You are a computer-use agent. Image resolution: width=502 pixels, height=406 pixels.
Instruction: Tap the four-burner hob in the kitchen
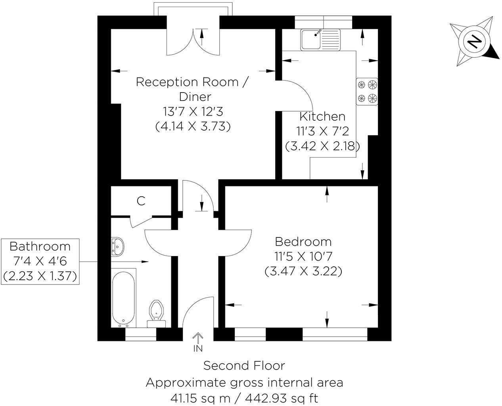[x=367, y=91]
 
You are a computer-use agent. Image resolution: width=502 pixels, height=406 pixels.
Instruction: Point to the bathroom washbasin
[x=117, y=247]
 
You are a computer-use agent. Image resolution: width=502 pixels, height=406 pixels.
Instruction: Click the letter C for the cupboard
[x=141, y=201]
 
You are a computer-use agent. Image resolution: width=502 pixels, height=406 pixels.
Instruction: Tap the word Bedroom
[x=303, y=241]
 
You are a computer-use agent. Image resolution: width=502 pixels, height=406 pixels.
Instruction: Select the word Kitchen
[x=322, y=117]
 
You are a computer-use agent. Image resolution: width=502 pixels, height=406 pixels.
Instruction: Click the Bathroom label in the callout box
[x=40, y=247]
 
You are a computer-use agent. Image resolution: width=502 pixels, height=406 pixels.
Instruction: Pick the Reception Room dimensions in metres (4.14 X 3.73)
[x=193, y=127]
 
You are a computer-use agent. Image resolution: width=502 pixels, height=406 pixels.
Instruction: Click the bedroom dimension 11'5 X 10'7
[x=303, y=256]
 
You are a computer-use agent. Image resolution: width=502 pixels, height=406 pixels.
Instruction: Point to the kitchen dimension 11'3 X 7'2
[x=322, y=131]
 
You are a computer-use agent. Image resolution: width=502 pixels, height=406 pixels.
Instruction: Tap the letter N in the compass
[x=473, y=41]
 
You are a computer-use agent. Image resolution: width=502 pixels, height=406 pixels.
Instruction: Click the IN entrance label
[x=197, y=349]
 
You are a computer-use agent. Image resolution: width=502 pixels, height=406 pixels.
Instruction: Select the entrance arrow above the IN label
[x=197, y=337]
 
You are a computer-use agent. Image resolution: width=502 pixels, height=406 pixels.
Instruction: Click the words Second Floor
[x=244, y=366]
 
